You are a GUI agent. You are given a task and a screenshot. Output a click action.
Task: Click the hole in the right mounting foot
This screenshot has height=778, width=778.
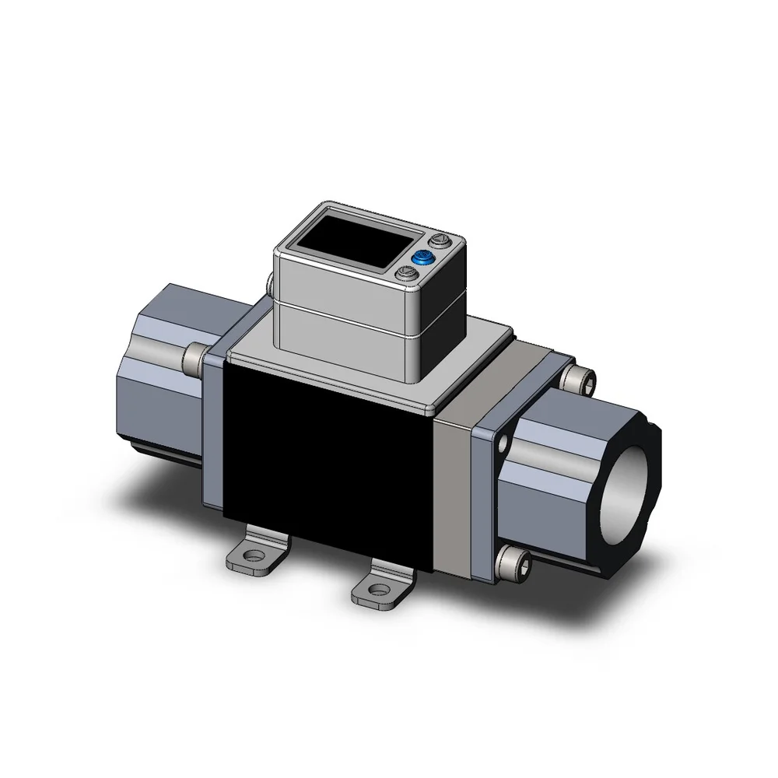pyautogui.click(x=379, y=591)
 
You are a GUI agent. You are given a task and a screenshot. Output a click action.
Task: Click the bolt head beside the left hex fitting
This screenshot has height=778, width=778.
pyautogui.click(x=193, y=356)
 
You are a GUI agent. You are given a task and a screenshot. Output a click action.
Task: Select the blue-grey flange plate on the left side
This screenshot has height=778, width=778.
pyautogui.click(x=211, y=436)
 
